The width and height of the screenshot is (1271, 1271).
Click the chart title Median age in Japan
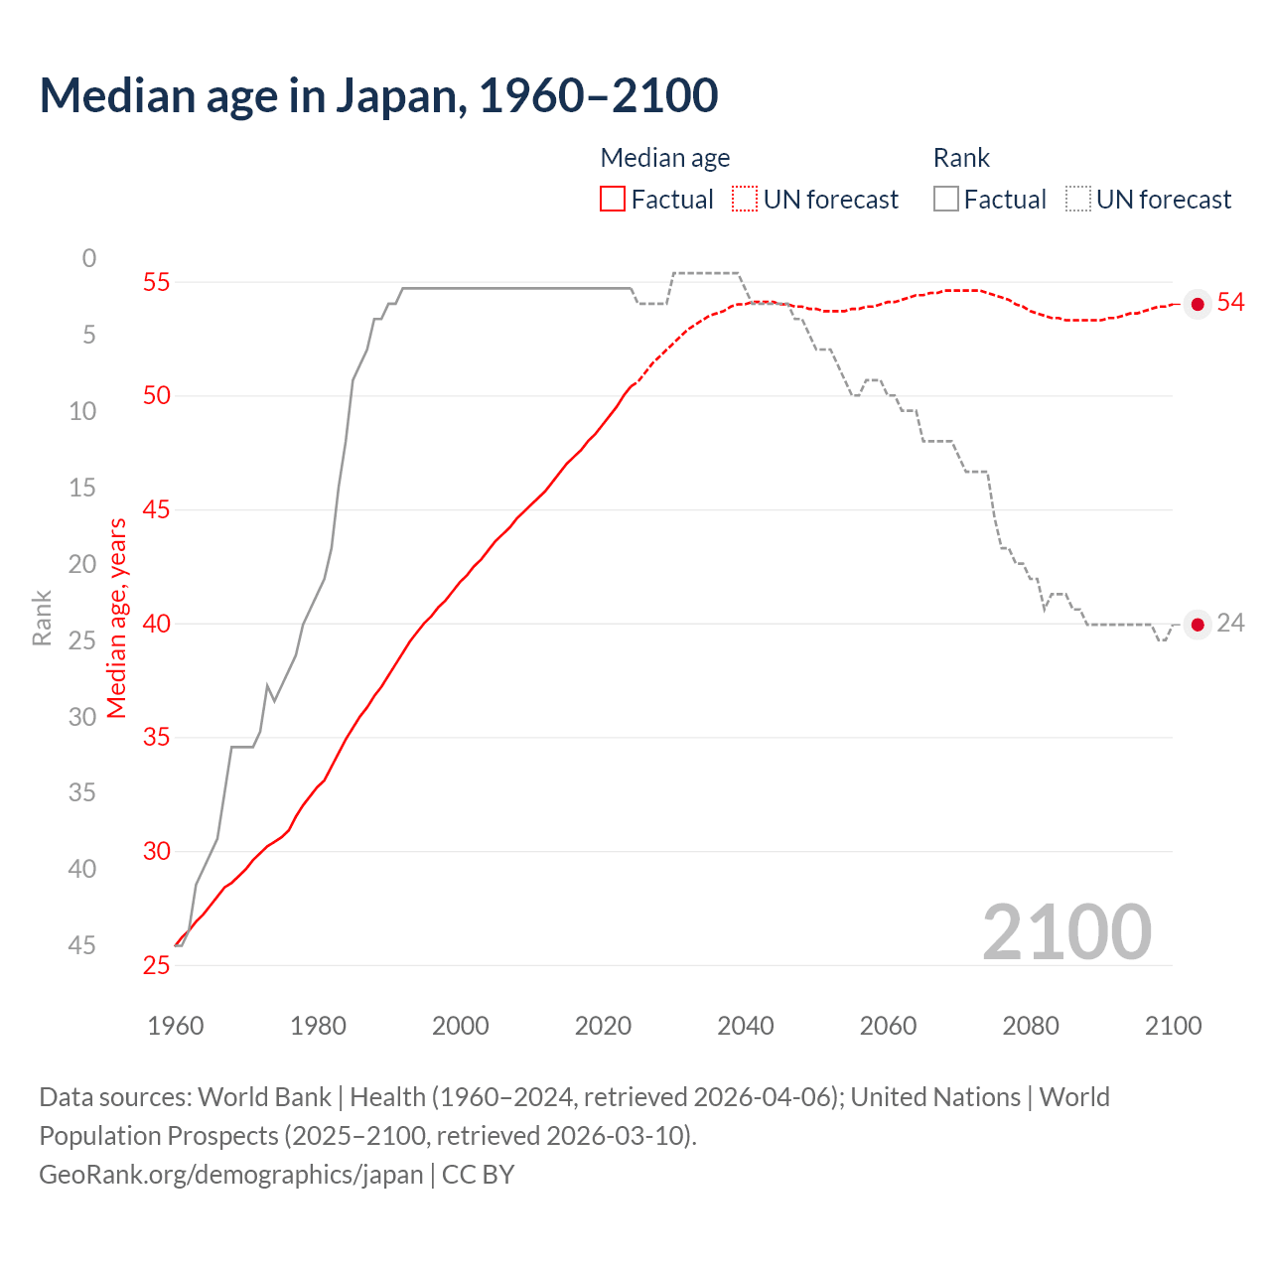pyautogui.click(x=378, y=96)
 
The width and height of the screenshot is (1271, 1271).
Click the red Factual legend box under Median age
pyautogui.click(x=613, y=200)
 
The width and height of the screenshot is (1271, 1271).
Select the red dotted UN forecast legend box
pyautogui.click(x=745, y=200)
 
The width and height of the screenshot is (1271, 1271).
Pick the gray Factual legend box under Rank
pyautogui.click(x=946, y=200)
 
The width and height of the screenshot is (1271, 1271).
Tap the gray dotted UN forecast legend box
pyautogui.click(x=1078, y=200)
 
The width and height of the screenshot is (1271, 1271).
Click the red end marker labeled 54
pyautogui.click(x=1198, y=304)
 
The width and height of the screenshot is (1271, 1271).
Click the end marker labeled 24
pyautogui.click(x=1198, y=625)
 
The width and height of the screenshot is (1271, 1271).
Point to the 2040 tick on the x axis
pyautogui.click(x=745, y=1026)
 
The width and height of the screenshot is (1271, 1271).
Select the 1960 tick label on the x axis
pyautogui.click(x=175, y=1026)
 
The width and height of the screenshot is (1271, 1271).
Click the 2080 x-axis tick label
pyautogui.click(x=1031, y=1026)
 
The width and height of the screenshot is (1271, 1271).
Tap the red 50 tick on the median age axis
pyautogui.click(x=156, y=395)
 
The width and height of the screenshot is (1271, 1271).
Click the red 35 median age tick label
pyautogui.click(x=156, y=737)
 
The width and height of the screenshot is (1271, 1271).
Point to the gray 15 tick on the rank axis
pyautogui.click(x=82, y=487)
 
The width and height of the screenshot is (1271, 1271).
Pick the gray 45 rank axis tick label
pyautogui.click(x=82, y=945)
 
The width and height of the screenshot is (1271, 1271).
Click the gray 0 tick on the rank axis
pyautogui.click(x=89, y=258)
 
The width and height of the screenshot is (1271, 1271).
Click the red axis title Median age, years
pyautogui.click(x=117, y=618)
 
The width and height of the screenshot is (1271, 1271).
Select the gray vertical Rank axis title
pyautogui.click(x=42, y=618)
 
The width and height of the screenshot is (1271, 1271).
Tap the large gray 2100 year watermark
pyautogui.click(x=1066, y=932)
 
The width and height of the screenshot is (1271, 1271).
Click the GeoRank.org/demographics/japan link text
pyautogui.click(x=231, y=1175)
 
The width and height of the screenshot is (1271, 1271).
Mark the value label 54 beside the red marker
pyautogui.click(x=1230, y=302)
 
